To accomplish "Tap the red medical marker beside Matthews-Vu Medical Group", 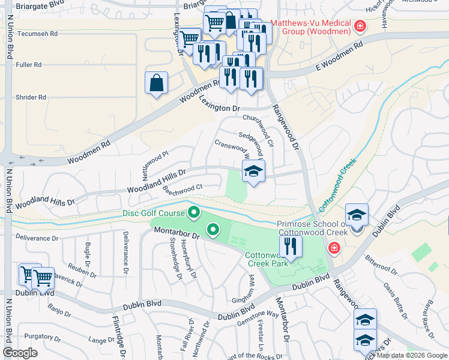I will tap(360, 26).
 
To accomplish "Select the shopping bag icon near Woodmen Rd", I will tap(156, 83).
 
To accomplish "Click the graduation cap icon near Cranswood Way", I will tap(253, 172).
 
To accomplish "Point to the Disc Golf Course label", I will tap(154, 212).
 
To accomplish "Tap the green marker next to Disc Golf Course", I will tap(194, 212).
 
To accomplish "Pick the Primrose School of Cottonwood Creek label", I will tap(312, 228).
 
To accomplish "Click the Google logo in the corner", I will tap(20, 353).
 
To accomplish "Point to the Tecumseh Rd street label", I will tap(37, 34).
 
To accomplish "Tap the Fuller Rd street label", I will tap(29, 65).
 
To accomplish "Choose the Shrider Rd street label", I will tap(29, 97).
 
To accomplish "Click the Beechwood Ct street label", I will tap(182, 188).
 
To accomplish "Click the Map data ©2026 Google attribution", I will tap(412, 355).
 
